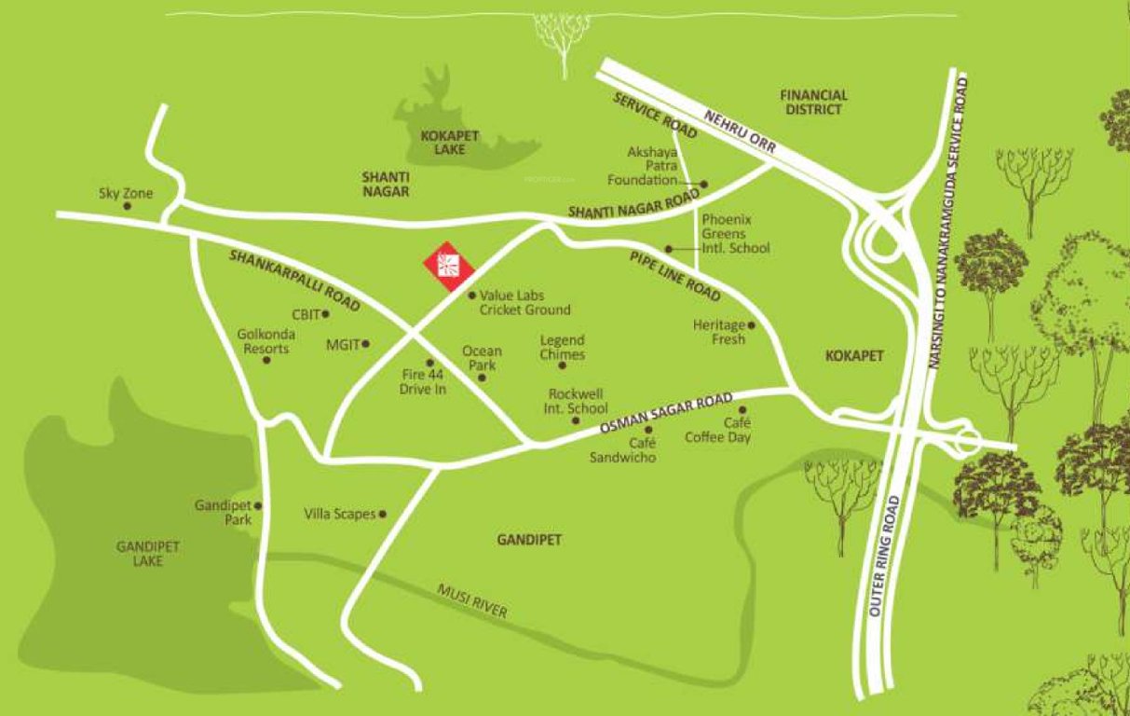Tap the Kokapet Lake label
[x=449, y=142]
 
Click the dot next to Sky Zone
[x=127, y=206]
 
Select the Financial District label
[x=813, y=102]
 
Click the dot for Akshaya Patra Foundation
[x=704, y=184]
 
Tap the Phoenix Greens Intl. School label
[x=735, y=234]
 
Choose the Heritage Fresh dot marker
[x=751, y=325]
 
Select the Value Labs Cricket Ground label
[x=524, y=302]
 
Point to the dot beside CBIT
[x=325, y=314]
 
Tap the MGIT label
[x=342, y=345]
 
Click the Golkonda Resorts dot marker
[x=266, y=360]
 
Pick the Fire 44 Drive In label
[x=424, y=382]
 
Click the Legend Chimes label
[x=562, y=348]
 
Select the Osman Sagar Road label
[x=665, y=415]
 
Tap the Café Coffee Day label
[x=717, y=430]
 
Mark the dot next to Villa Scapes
[x=382, y=514]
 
